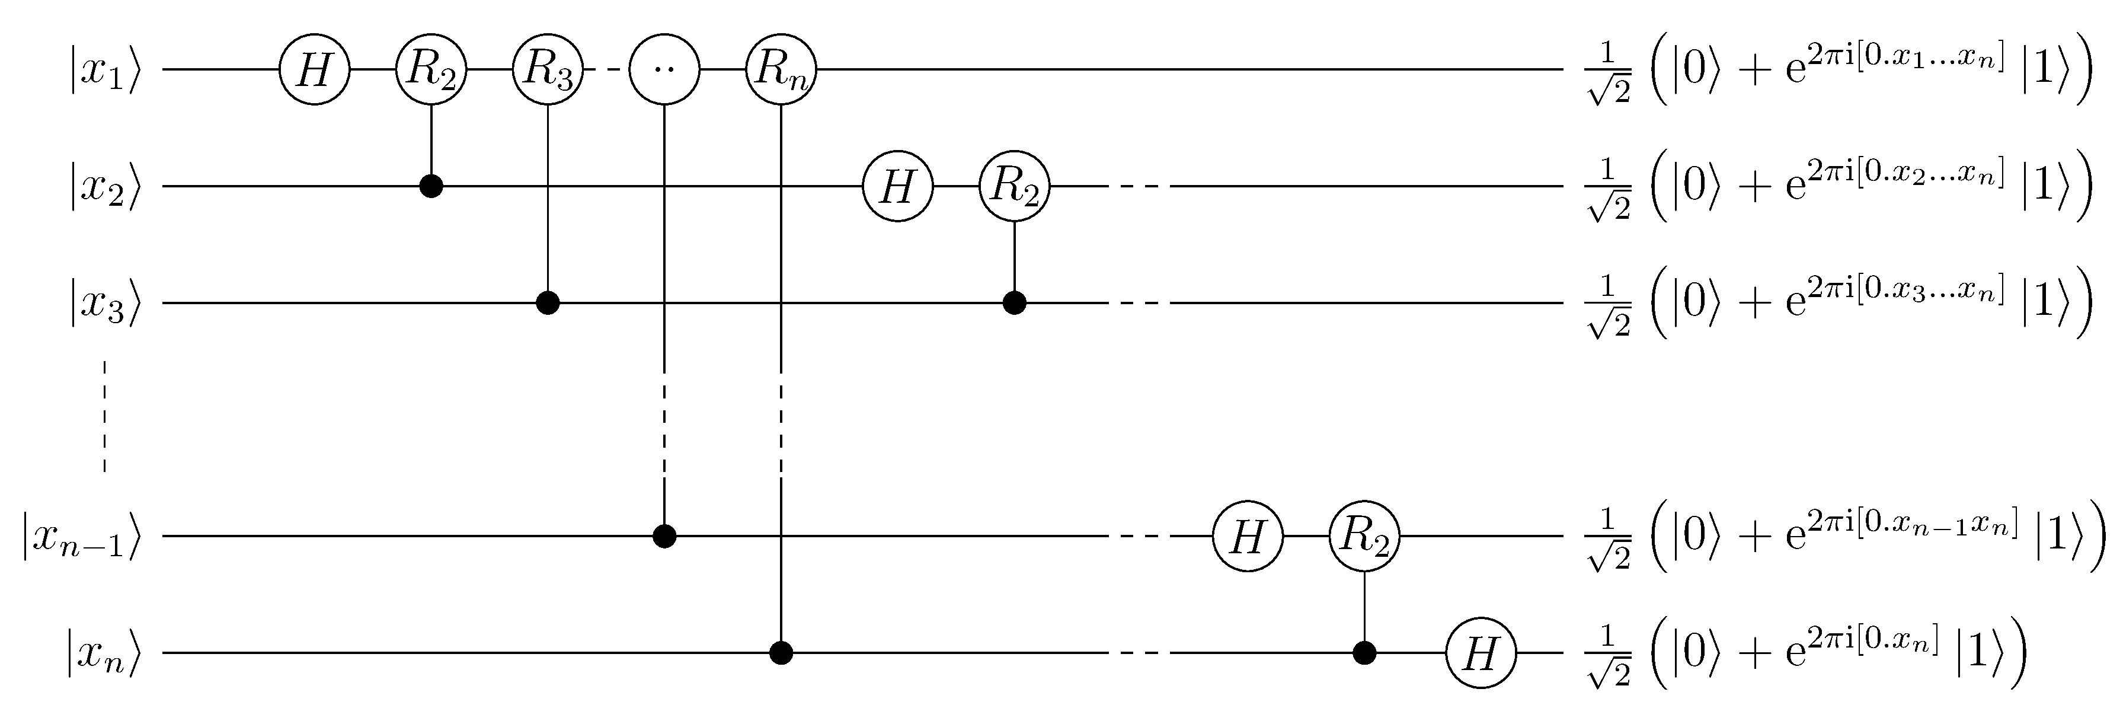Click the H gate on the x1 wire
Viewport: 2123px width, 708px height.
click(x=314, y=70)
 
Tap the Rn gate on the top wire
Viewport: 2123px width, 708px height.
click(x=781, y=70)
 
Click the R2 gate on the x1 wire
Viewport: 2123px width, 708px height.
click(x=431, y=70)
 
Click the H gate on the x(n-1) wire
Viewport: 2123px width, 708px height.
click(x=1248, y=537)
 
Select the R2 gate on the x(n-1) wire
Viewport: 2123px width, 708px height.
click(x=1365, y=537)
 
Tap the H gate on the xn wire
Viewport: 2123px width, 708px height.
click(x=1481, y=653)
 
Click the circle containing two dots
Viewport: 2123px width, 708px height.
click(x=664, y=70)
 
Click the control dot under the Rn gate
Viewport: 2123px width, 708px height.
click(x=781, y=653)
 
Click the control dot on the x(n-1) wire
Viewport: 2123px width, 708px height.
click(x=664, y=537)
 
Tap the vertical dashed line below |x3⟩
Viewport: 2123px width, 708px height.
click(x=105, y=416)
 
